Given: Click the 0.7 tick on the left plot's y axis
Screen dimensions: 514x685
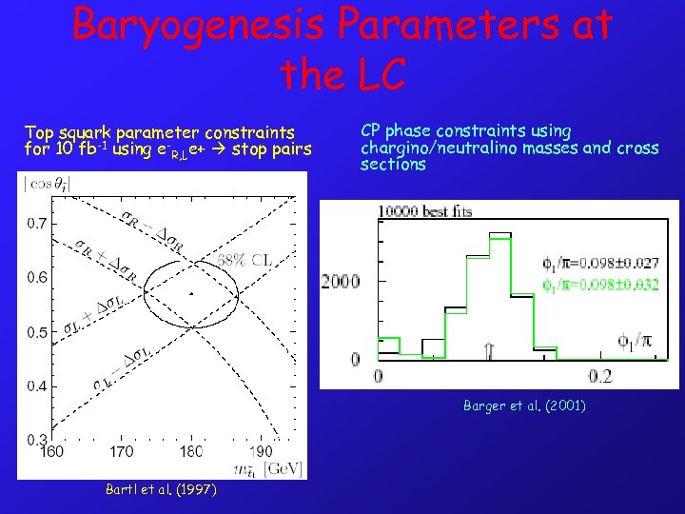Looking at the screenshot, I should point(34,223).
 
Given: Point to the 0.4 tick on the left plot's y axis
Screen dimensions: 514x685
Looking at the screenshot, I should point(34,385).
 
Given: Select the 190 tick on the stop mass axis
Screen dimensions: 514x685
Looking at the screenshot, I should point(262,451).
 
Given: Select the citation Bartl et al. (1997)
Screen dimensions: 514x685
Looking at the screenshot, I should point(161,489).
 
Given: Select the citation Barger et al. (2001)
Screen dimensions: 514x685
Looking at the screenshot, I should point(524,405).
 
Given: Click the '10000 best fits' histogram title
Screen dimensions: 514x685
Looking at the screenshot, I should point(424,211).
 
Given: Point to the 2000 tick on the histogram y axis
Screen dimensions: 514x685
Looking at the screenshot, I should point(341,282).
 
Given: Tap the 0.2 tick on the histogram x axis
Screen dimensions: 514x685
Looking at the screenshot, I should point(599,376).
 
